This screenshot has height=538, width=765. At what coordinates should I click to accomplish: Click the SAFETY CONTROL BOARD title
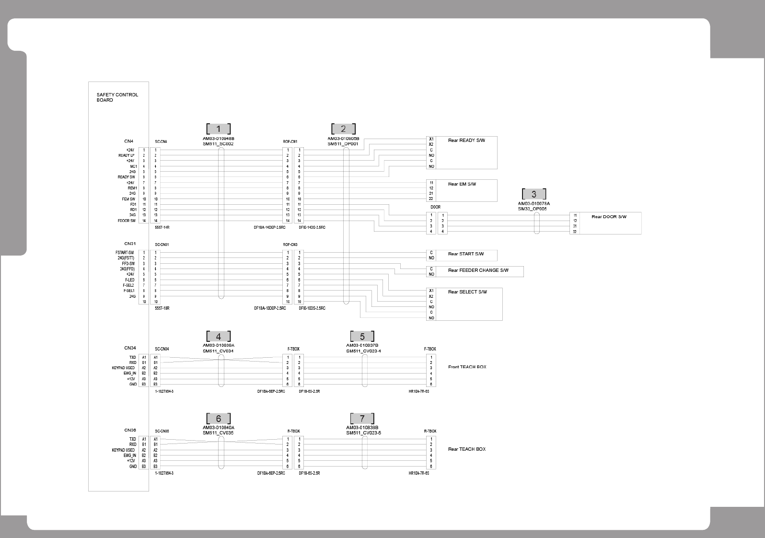pyautogui.click(x=117, y=97)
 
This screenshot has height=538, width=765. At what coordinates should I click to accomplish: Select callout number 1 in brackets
pyautogui.click(x=219, y=129)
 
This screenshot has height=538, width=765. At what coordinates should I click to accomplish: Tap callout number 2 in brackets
pyautogui.click(x=343, y=129)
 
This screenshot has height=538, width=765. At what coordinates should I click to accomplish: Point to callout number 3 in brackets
pyautogui.click(x=534, y=194)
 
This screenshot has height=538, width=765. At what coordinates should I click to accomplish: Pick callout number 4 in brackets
pyautogui.click(x=219, y=336)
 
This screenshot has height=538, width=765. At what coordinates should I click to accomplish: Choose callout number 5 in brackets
pyautogui.click(x=362, y=336)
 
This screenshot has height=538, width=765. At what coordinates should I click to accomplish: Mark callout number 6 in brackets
pyautogui.click(x=219, y=419)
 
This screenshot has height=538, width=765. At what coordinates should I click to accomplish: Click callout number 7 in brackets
pyautogui.click(x=362, y=419)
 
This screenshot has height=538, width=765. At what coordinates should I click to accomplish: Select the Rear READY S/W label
pyautogui.click(x=466, y=140)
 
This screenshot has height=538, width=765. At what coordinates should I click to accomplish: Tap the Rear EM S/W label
pyautogui.click(x=462, y=184)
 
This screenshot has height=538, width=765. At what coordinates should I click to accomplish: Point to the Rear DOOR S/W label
pyautogui.click(x=609, y=217)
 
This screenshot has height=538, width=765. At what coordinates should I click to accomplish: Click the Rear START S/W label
pyautogui.click(x=466, y=254)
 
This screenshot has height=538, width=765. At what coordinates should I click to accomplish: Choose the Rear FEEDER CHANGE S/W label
pyautogui.click(x=478, y=270)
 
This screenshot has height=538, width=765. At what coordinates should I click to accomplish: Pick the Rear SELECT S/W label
pyautogui.click(x=467, y=292)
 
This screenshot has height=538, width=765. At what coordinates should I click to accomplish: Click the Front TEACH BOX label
pyautogui.click(x=467, y=367)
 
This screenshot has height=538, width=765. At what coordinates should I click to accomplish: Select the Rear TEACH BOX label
pyautogui.click(x=466, y=449)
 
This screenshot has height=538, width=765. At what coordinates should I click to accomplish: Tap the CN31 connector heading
pyautogui.click(x=130, y=244)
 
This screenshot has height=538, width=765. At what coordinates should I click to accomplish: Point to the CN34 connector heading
pyautogui.click(x=130, y=348)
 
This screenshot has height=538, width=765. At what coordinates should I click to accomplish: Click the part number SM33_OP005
pyautogui.click(x=532, y=209)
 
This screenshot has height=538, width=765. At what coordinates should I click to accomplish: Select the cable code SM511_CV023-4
pyautogui.click(x=363, y=351)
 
